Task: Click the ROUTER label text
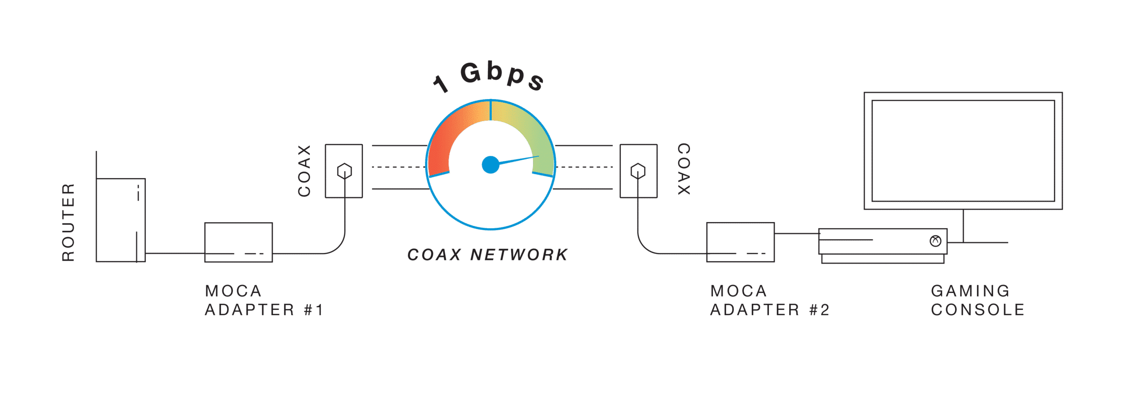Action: [x=68, y=223]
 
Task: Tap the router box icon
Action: [x=121, y=220]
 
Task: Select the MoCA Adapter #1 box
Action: [x=239, y=242]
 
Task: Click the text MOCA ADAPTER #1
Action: [x=264, y=300]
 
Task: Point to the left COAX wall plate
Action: [x=343, y=171]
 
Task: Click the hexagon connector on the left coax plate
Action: [x=344, y=171]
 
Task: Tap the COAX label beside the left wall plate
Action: [x=304, y=171]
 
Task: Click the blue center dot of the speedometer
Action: [x=490, y=165]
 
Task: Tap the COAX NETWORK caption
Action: [x=487, y=255]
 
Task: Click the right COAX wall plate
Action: [x=638, y=171]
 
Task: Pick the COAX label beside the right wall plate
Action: [x=684, y=169]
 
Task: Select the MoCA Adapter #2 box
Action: [x=740, y=242]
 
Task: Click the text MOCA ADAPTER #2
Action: [x=769, y=300]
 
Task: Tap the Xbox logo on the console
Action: [x=936, y=241]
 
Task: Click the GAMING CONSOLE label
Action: [x=978, y=300]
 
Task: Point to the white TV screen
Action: [x=963, y=151]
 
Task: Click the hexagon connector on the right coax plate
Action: [x=637, y=171]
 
